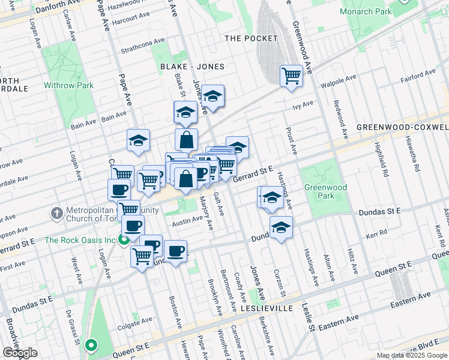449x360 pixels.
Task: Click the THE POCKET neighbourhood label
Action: pyautogui.click(x=251, y=38)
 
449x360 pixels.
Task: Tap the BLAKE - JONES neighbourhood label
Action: pyautogui.click(x=192, y=67)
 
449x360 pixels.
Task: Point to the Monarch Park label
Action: pyautogui.click(x=366, y=11)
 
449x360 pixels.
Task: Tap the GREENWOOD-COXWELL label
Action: pyautogui.click(x=402, y=127)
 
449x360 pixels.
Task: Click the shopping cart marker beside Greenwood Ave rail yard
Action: pyautogui.click(x=291, y=76)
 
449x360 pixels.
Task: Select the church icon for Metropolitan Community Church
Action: pyautogui.click(x=56, y=213)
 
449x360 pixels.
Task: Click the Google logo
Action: pyautogui.click(x=20, y=352)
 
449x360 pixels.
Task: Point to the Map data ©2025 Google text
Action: pyautogui.click(x=411, y=355)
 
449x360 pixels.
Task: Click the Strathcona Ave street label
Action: pyautogui.click(x=142, y=46)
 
